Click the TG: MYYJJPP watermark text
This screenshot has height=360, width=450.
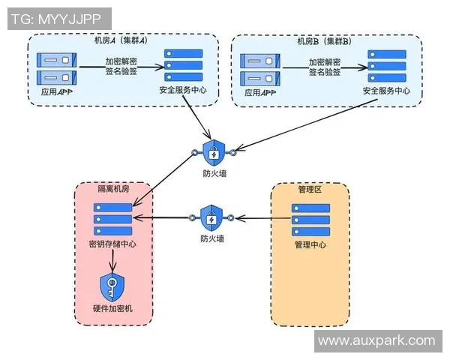[58, 19]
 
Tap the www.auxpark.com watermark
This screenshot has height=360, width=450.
[376, 340]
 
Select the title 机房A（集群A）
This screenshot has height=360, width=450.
[120, 40]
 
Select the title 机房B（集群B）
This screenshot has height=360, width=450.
[324, 40]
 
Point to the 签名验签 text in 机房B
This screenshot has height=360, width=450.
[324, 72]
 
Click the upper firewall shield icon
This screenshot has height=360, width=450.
[214, 152]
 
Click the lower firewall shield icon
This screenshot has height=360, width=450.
[212, 217]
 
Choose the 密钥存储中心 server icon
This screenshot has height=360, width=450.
[112, 219]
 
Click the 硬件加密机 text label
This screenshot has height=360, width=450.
[112, 308]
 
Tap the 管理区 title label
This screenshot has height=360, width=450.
[310, 189]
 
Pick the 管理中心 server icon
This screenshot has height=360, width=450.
[310, 219]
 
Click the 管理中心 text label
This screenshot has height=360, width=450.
[310, 244]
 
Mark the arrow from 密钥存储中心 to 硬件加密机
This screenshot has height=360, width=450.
[112, 260]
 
